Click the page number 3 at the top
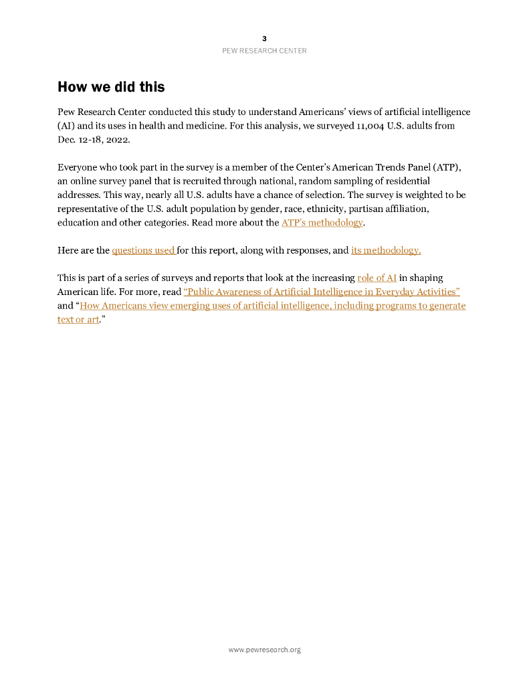(x=264, y=39)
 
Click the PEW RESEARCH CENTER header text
(x=264, y=51)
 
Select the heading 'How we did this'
(x=111, y=87)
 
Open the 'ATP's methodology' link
(x=322, y=223)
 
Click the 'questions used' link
(x=143, y=251)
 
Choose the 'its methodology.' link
(x=386, y=251)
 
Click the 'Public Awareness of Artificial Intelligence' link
(x=322, y=292)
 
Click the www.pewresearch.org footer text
(x=264, y=650)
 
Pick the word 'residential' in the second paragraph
(x=406, y=181)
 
